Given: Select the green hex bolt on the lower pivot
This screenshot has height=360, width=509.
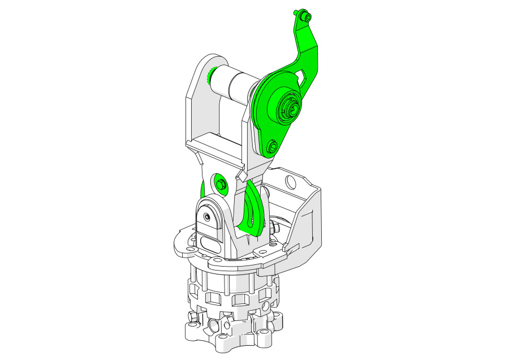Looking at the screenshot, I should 220,184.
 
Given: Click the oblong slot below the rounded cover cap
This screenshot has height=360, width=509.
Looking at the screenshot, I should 208,245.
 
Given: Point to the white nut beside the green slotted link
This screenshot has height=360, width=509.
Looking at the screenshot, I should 275,228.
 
